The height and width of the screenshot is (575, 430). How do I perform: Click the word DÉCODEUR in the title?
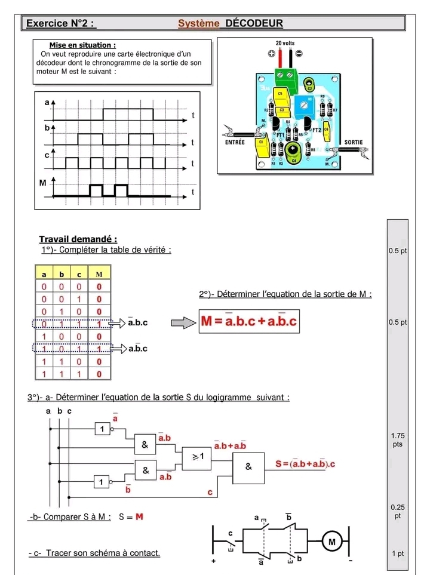[x=254, y=23]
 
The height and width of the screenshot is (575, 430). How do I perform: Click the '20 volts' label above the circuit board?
[x=285, y=44]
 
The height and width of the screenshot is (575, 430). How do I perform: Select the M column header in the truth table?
[x=99, y=274]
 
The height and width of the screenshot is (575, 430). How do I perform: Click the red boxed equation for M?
[x=248, y=322]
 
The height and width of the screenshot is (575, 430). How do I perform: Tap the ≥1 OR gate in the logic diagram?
[x=197, y=456]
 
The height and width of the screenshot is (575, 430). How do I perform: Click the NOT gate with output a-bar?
[x=102, y=429]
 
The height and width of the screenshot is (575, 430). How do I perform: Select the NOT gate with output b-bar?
[x=102, y=482]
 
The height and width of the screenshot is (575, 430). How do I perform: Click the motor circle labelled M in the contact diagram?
[x=331, y=542]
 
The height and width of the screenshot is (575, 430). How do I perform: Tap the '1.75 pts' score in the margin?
[x=397, y=441]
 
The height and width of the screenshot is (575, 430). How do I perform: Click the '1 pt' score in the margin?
[x=397, y=554]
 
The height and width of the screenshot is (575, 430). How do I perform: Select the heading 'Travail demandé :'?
[x=78, y=239]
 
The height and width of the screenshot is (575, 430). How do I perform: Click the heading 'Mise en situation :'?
[x=82, y=45]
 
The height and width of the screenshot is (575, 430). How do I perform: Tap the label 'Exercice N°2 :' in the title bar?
[x=60, y=23]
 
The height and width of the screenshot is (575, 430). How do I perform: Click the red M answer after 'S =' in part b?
[x=139, y=516]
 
